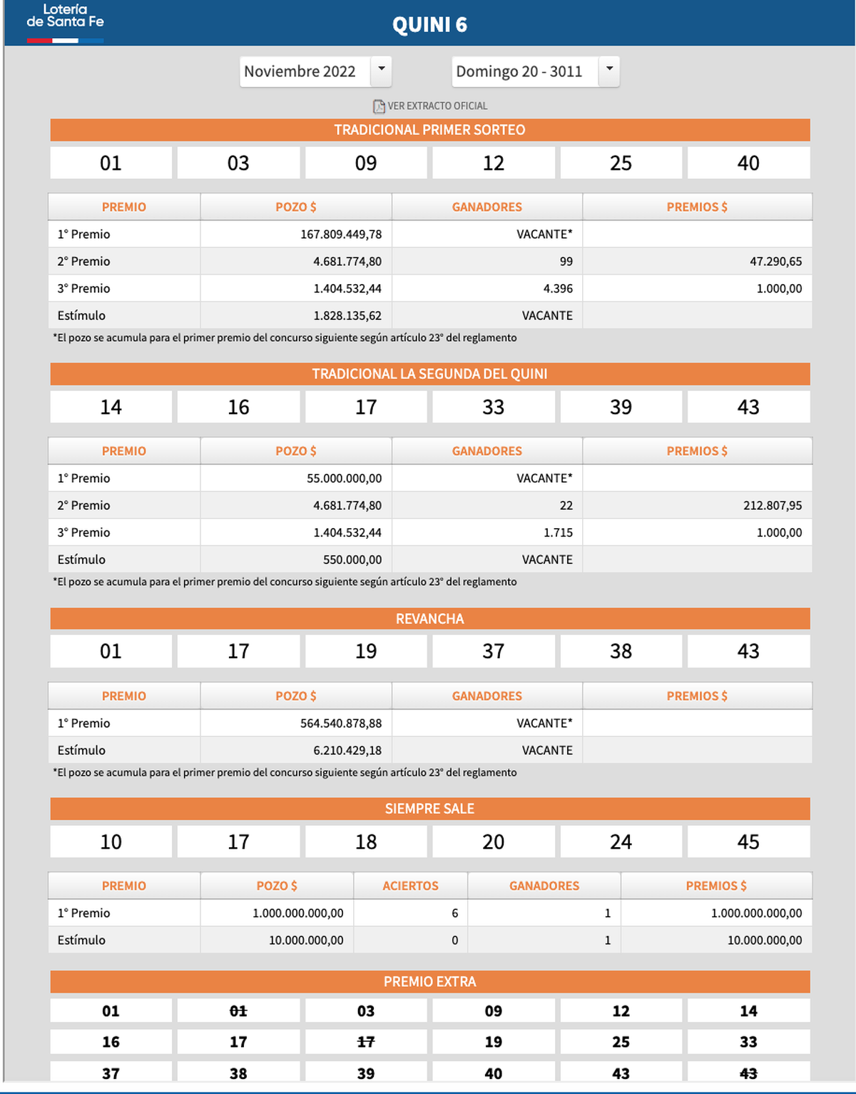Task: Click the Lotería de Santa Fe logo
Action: (65, 21)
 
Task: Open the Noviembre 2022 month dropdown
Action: (315, 71)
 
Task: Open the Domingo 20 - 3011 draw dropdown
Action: (535, 71)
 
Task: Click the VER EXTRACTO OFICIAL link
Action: (431, 106)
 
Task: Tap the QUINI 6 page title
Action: (429, 25)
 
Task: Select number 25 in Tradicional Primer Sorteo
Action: (621, 163)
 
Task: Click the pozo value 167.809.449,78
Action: (341, 234)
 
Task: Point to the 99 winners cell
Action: (566, 261)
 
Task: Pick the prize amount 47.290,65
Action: (775, 261)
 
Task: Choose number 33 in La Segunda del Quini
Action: (493, 407)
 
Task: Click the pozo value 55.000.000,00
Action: (345, 478)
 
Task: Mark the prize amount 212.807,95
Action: (773, 505)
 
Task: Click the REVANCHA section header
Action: (429, 619)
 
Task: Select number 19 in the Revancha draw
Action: (366, 651)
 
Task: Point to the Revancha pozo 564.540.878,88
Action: (341, 723)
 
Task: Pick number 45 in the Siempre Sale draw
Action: (748, 841)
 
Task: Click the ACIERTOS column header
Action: (410, 886)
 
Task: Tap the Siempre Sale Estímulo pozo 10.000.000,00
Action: (306, 940)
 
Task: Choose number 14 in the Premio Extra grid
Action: (748, 1011)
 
